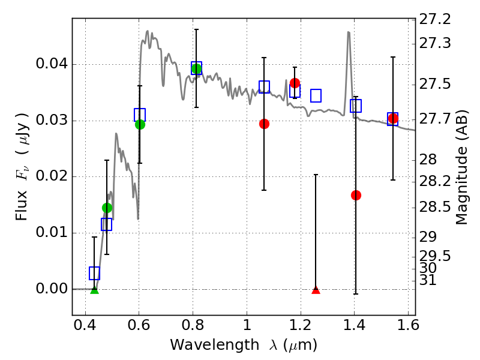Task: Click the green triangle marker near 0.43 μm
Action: [x=94, y=290]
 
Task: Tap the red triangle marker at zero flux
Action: [x=316, y=290]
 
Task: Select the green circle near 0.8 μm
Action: [x=196, y=68]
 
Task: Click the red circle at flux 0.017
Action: [x=356, y=195]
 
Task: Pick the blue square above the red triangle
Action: [x=316, y=95]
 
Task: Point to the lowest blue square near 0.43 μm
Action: [x=94, y=273]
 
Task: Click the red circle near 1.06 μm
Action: [x=264, y=124]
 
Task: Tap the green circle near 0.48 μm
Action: [x=107, y=208]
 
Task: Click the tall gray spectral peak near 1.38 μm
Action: [x=349, y=33]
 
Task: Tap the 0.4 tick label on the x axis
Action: [x=85, y=327]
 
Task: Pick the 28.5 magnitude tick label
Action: [x=436, y=208]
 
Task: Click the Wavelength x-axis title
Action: [x=243, y=345]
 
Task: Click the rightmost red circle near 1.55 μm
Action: [x=393, y=118]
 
